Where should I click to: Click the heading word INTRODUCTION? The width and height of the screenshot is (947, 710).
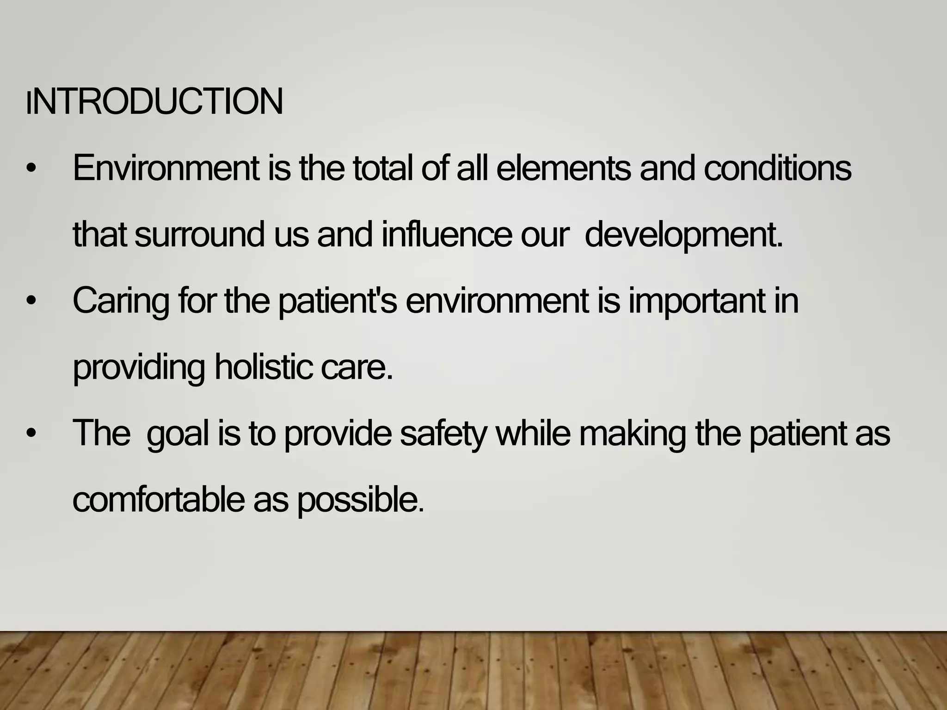tap(155, 102)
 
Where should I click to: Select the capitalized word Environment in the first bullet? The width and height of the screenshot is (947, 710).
tap(166, 169)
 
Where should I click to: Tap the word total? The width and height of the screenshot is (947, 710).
tap(382, 169)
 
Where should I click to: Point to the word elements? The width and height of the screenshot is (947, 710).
tap(563, 169)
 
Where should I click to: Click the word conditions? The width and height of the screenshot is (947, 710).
tap(777, 169)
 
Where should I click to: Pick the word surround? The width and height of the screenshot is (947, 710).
tap(199, 235)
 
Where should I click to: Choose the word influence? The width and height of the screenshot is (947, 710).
tap(447, 235)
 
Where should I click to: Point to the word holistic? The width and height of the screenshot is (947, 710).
tap(264, 368)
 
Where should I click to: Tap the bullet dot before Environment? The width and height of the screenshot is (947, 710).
tap(31, 170)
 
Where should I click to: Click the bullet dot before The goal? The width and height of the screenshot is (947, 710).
tap(31, 434)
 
